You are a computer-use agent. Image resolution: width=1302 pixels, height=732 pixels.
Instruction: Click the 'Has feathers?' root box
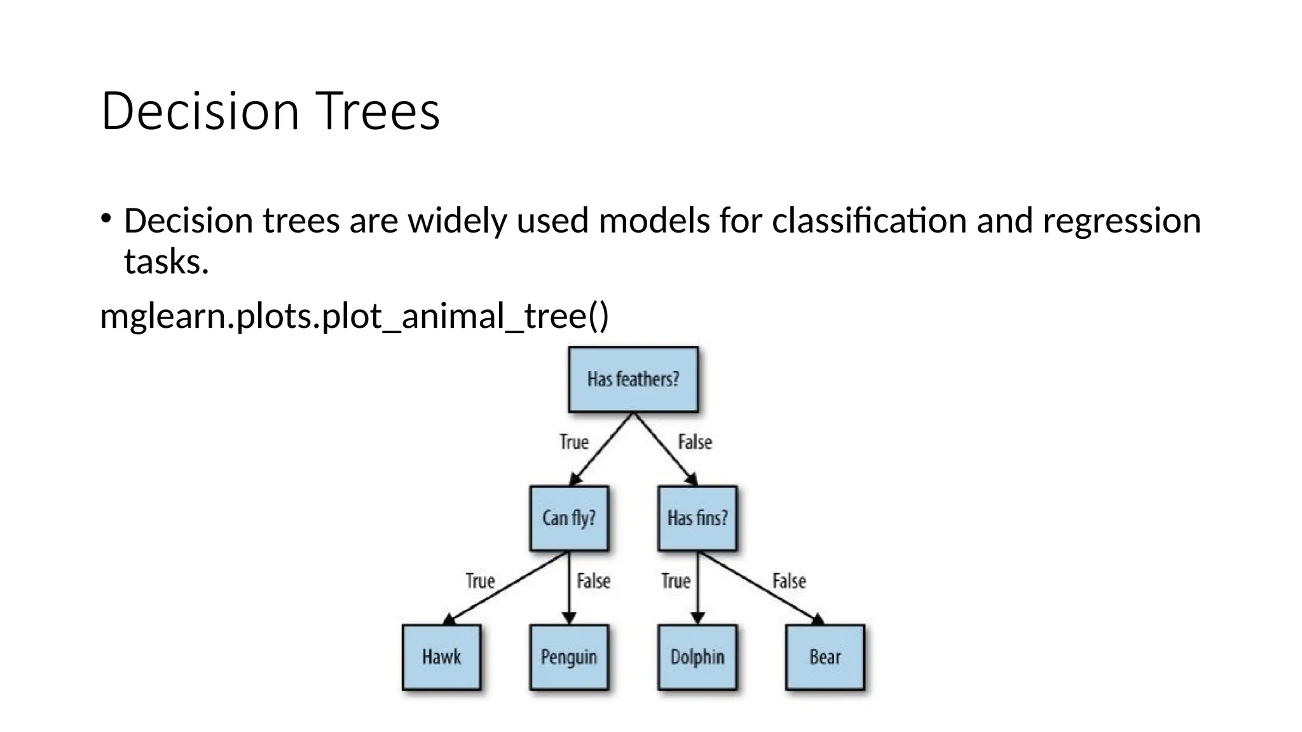(633, 379)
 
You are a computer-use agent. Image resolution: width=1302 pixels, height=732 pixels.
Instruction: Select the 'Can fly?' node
(569, 518)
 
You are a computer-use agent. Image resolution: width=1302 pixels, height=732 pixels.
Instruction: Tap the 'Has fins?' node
(697, 518)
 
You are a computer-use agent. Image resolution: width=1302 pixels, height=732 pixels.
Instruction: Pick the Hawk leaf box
(441, 657)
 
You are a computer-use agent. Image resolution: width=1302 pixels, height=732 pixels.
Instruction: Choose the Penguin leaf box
(569, 657)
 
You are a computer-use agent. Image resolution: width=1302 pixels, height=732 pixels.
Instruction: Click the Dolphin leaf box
(697, 657)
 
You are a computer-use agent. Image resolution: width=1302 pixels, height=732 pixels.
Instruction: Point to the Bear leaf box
(825, 657)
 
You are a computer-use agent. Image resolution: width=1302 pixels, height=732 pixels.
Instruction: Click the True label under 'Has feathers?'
(574, 442)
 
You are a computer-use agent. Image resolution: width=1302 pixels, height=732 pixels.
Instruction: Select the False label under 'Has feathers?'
(695, 442)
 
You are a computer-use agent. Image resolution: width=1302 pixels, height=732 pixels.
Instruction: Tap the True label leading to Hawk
(480, 581)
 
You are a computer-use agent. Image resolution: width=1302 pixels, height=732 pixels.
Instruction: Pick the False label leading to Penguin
(593, 581)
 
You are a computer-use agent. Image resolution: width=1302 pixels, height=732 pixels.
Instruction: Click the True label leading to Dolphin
(675, 581)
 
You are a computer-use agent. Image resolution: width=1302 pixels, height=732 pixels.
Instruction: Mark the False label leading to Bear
(789, 581)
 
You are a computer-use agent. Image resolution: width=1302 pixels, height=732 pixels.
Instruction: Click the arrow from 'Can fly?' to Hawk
(509, 586)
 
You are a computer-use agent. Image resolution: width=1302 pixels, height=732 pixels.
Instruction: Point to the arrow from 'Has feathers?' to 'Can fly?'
(603, 449)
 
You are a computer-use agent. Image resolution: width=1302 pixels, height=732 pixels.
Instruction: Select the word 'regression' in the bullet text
(1121, 221)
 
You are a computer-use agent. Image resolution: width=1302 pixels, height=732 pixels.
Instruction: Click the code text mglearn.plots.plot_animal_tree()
(354, 316)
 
